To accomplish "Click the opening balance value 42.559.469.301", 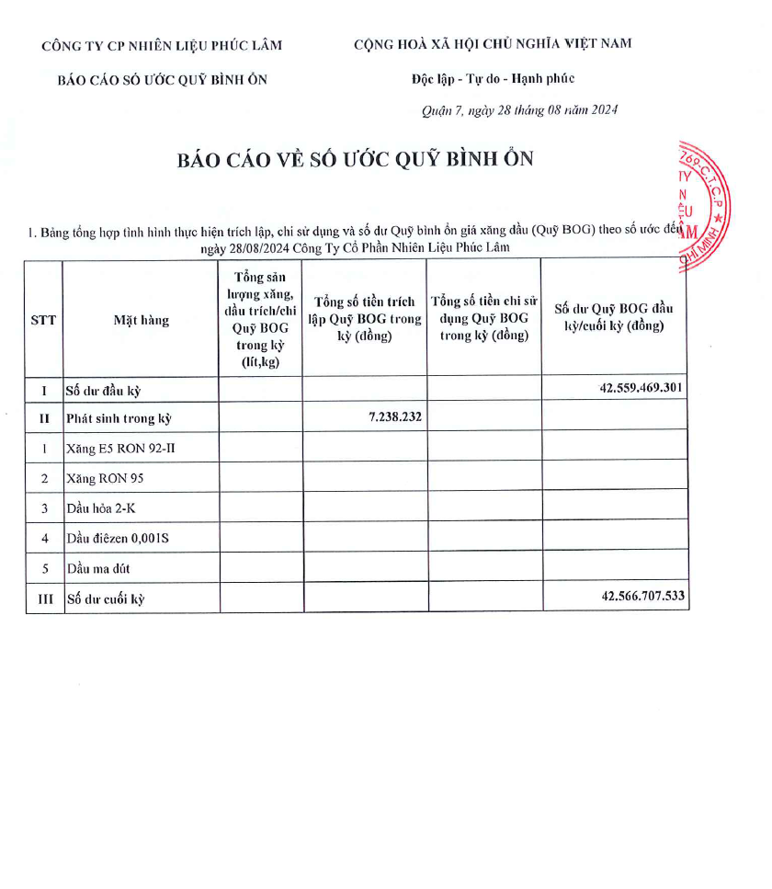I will point(641,388).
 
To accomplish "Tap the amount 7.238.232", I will point(395,417).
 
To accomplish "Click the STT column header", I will point(43,320).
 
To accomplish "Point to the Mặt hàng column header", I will point(142,321).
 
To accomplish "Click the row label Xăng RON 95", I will point(105,478).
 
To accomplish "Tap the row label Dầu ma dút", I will point(98,568).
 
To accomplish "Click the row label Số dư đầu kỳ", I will point(103,390).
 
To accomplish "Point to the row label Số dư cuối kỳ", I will point(106,599).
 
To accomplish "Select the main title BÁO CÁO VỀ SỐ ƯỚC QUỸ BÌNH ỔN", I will point(356,159).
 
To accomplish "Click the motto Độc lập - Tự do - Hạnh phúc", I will point(494,79).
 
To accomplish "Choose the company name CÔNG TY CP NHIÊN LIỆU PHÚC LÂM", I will point(163,45).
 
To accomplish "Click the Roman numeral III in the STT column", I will point(44,599).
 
